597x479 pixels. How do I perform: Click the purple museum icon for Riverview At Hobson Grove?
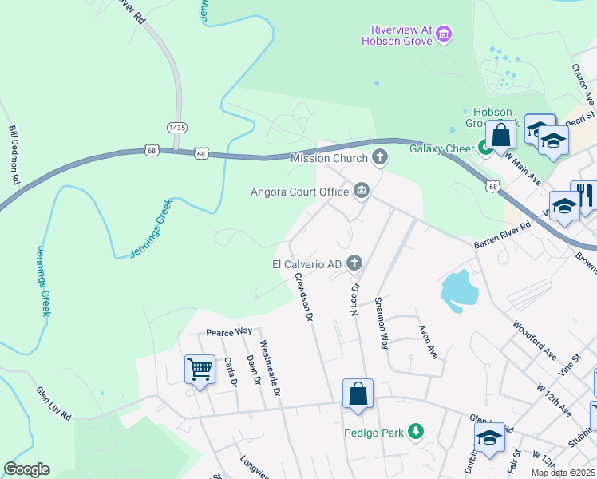(445, 34)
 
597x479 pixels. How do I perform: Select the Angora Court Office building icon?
(361, 191)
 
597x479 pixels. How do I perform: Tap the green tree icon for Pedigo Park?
(415, 432)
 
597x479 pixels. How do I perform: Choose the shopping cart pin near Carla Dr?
(200, 370)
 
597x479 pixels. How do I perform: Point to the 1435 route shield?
(177, 127)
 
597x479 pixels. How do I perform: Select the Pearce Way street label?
(228, 331)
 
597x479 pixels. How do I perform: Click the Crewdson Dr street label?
(302, 297)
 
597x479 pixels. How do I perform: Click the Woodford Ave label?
(535, 340)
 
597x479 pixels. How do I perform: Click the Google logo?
(27, 469)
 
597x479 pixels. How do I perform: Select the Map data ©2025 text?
(563, 473)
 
